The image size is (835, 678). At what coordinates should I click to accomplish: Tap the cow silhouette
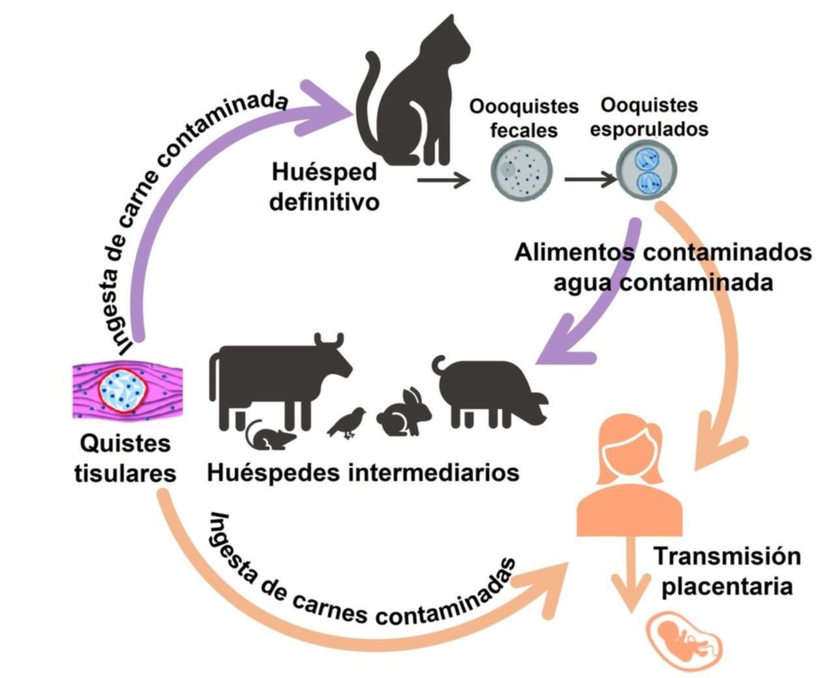pyautogui.click(x=274, y=378)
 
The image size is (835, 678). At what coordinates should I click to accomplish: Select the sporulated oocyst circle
pyautogui.click(x=648, y=171)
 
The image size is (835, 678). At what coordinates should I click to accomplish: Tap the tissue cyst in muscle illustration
pyautogui.click(x=127, y=390)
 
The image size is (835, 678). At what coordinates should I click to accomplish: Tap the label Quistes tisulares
pyautogui.click(x=125, y=459)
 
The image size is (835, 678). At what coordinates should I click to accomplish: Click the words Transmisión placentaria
pyautogui.click(x=727, y=571)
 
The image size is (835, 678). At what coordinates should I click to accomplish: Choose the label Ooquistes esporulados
pyautogui.click(x=648, y=117)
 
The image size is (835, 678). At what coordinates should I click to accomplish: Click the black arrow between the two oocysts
pyautogui.click(x=590, y=177)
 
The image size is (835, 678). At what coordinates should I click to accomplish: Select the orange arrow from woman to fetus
pyautogui.click(x=630, y=574)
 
